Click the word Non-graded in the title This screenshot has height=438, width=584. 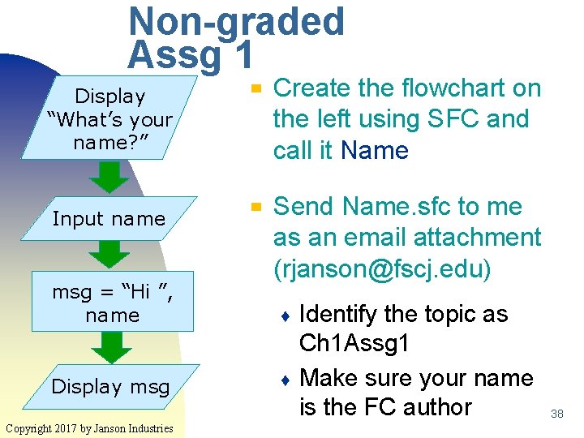236,22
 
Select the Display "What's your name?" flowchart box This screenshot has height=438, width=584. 110,119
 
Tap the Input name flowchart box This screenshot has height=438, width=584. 109,219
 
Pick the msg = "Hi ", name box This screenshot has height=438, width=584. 113,304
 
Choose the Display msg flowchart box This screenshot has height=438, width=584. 110,387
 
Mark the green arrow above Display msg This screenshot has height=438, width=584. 111,347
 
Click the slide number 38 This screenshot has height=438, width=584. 556,414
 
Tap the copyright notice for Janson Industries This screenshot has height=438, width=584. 88,427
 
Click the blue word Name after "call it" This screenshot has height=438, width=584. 375,151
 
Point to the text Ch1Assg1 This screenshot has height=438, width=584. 354,344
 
